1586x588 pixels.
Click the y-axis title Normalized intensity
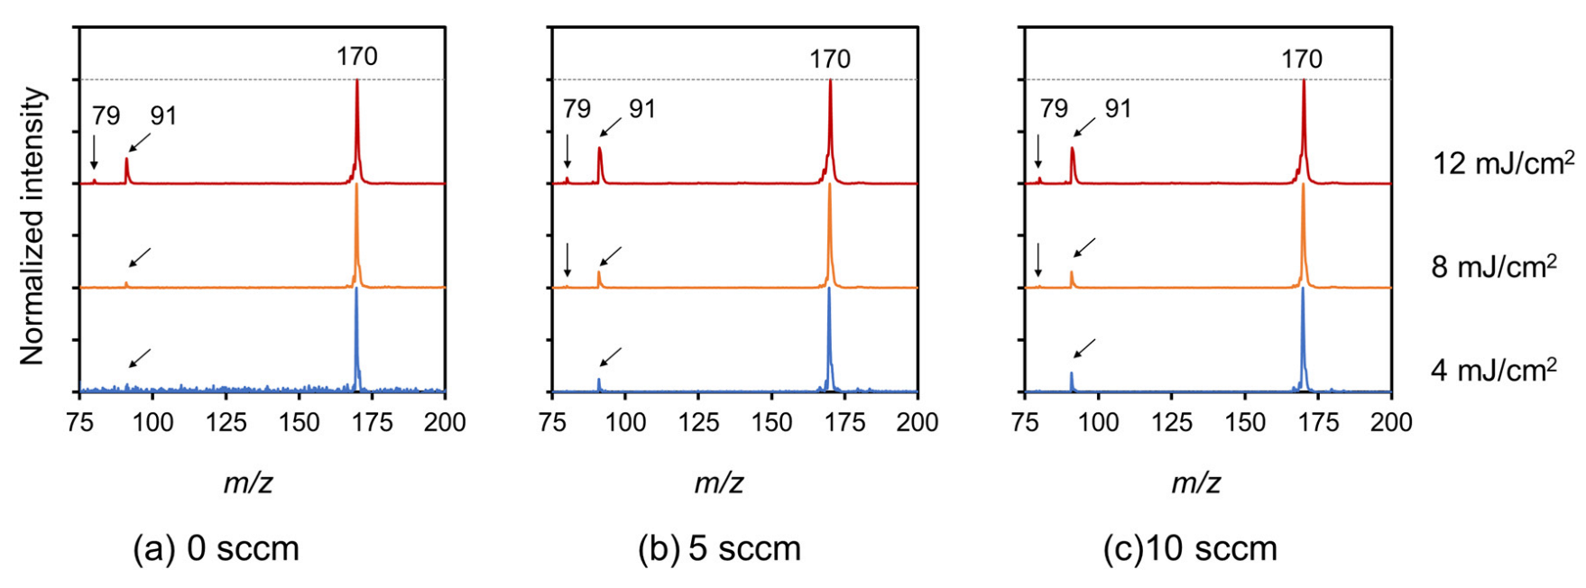coord(32,225)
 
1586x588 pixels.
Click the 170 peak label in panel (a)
coord(357,57)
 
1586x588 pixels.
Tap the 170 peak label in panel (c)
coord(1302,60)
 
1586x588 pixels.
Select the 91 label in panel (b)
coord(642,109)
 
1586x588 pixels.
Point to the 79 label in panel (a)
coord(106,115)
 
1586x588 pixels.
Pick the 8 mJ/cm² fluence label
coord(1494,267)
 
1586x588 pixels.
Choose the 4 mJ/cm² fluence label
coord(1494,370)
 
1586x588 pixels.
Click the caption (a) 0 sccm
coord(216,548)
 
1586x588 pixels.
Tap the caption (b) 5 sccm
coord(719,548)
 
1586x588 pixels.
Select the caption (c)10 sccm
coord(1190,548)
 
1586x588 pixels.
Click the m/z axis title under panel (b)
coord(718,483)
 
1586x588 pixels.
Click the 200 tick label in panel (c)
coord(1390,422)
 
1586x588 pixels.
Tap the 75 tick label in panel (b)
coord(552,422)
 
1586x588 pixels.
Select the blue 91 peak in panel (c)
coord(1072,381)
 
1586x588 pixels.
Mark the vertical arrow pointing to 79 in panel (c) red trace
coord(1038,151)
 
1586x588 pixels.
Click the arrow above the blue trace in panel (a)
coord(140,358)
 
